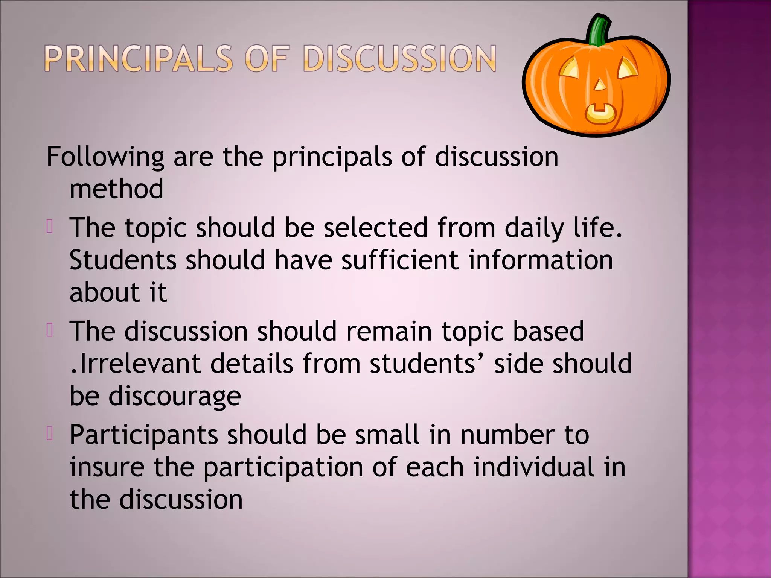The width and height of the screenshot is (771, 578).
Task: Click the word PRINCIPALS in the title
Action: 139,59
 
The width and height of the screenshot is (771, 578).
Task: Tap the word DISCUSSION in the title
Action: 399,59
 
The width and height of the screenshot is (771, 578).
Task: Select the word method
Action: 116,189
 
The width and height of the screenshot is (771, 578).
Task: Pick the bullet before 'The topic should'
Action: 50,227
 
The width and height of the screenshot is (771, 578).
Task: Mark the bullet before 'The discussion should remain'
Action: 50,330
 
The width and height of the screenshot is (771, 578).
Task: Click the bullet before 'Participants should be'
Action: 50,433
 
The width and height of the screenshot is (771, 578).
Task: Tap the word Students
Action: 123,260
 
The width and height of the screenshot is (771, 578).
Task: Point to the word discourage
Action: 174,397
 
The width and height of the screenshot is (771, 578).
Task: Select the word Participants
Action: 144,435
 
